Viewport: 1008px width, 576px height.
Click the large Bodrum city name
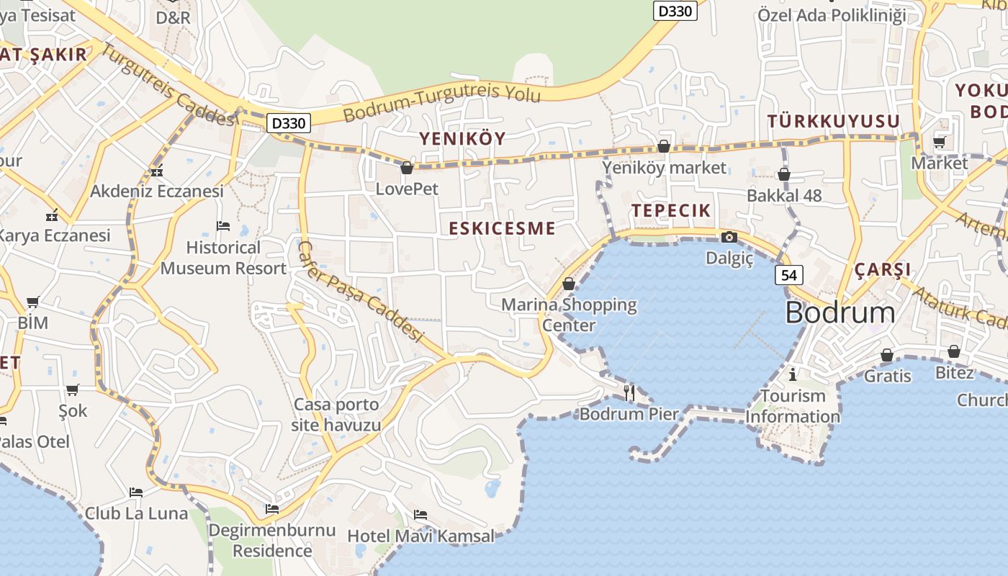(840, 313)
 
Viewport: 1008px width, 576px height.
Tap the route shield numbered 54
(789, 274)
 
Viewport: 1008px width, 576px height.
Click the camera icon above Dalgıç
(729, 237)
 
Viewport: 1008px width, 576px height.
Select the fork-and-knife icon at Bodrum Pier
(629, 392)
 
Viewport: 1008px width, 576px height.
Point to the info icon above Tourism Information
(793, 374)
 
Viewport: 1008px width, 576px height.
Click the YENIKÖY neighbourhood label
(463, 138)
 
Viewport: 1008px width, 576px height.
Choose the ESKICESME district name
(502, 229)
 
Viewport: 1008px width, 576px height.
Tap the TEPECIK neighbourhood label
(671, 211)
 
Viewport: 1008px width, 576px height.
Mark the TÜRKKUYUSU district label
(834, 121)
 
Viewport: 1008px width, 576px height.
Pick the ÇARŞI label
(883, 270)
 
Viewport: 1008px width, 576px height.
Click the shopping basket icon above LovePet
(407, 168)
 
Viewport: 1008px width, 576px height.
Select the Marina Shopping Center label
(569, 315)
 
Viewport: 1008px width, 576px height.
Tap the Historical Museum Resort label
(223, 258)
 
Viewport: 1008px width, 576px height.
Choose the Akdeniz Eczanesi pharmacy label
(157, 192)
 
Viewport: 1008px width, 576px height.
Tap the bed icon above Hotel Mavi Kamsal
(420, 515)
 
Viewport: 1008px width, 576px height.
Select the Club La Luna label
(136, 513)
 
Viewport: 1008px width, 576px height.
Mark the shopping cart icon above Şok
(72, 390)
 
